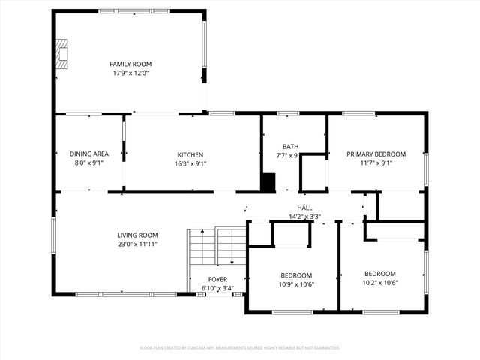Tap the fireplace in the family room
pyautogui.click(x=61, y=55)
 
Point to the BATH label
pyautogui.click(x=291, y=146)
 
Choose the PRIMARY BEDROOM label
pyautogui.click(x=376, y=154)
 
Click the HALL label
pyautogui.click(x=304, y=208)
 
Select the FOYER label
pyautogui.click(x=217, y=279)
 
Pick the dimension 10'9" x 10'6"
pyautogui.click(x=296, y=284)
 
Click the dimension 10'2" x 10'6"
pyautogui.click(x=379, y=283)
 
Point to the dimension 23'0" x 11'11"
pyautogui.click(x=137, y=244)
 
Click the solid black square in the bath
pyautogui.click(x=268, y=182)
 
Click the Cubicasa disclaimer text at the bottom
pyautogui.click(x=240, y=348)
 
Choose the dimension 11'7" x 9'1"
pyautogui.click(x=376, y=163)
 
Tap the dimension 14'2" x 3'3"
pyautogui.click(x=304, y=217)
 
